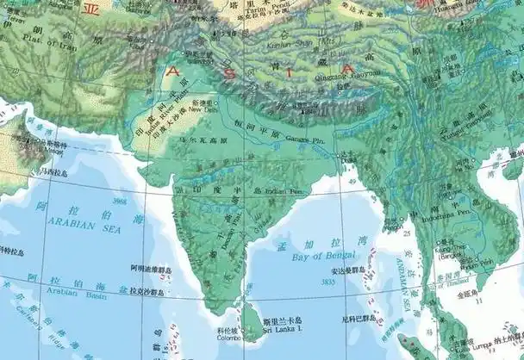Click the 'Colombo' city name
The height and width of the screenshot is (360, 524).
(229, 338)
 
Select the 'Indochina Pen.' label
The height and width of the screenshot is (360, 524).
(455, 209)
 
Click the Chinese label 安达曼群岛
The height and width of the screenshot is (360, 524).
(345, 270)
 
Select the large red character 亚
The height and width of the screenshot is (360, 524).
(90, 9)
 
